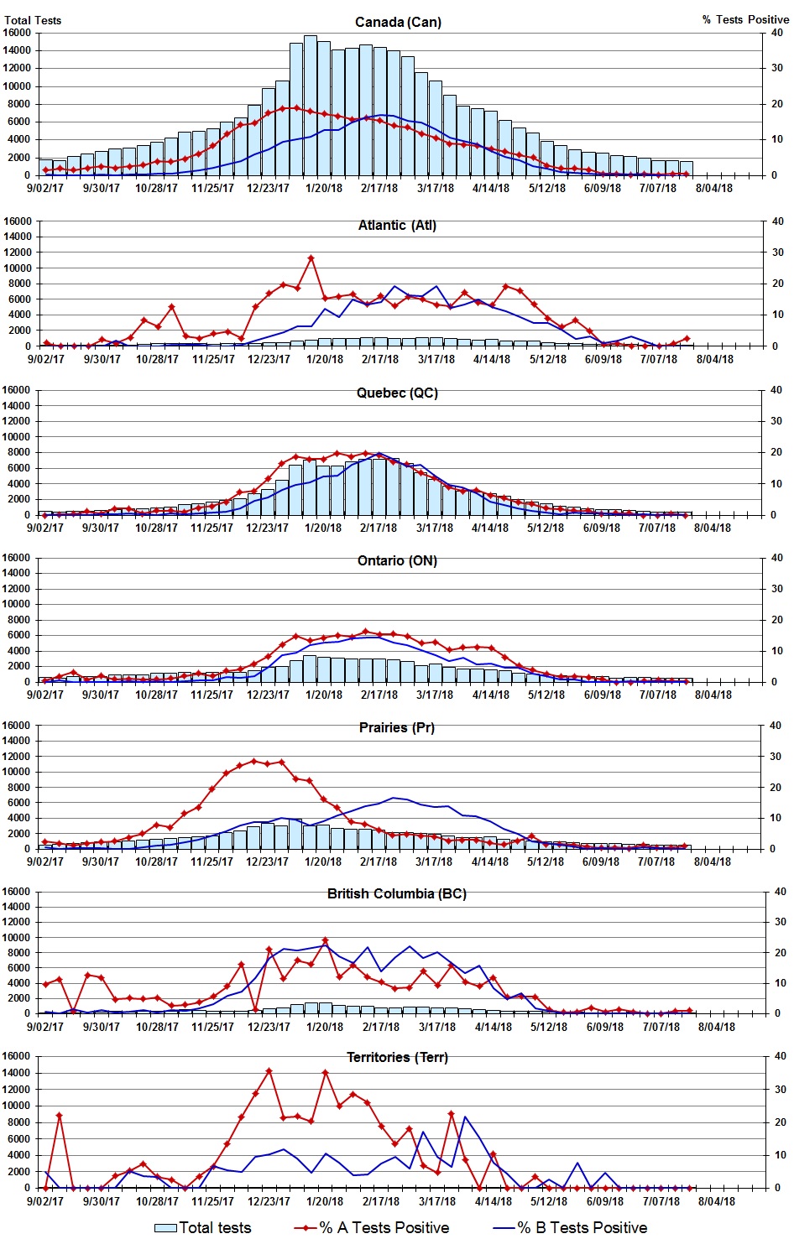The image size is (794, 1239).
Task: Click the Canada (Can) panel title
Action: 397,22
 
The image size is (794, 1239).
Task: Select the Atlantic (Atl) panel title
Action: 397,225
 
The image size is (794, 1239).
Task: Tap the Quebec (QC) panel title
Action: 397,393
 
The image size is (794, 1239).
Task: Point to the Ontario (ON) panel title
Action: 397,560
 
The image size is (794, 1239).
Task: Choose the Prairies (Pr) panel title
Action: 397,727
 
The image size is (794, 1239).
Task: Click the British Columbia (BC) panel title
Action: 397,893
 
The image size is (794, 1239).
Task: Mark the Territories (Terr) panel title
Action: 397,1057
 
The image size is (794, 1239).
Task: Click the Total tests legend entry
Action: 203,1227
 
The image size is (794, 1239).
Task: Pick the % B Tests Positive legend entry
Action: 571,1227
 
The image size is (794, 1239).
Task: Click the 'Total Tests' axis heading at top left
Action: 33,20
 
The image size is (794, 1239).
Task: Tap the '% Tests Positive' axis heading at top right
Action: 745,19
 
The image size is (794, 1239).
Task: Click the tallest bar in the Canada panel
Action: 310,105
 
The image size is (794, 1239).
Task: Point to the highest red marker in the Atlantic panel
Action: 311,258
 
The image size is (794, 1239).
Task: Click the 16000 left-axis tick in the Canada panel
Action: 18,33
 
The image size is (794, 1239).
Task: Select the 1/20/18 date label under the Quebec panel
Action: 323,528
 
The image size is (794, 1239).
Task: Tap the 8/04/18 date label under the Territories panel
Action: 716,1201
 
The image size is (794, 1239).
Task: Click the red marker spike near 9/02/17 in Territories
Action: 60,1116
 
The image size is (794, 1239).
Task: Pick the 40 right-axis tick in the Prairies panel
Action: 776,726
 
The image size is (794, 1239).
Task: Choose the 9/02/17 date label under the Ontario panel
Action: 45,695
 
